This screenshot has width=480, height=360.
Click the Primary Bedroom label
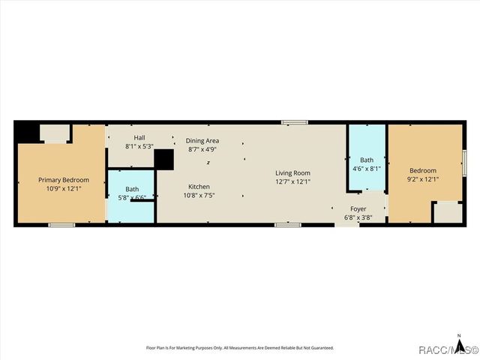[64, 180]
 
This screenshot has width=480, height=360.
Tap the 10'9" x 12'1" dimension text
[64, 188]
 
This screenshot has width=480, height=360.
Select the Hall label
[139, 138]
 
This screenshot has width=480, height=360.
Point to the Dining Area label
[202, 141]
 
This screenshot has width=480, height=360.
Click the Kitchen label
[199, 187]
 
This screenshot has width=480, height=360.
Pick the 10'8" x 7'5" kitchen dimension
[199, 195]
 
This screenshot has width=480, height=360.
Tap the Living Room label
[292, 173]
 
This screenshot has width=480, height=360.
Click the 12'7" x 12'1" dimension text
[292, 181]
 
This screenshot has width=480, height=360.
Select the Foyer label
[358, 209]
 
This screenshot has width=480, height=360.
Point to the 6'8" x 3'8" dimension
[358, 217]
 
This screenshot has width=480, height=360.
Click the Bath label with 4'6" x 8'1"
[366, 160]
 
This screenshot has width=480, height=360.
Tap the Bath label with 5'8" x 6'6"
[132, 190]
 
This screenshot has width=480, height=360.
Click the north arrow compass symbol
[457, 338]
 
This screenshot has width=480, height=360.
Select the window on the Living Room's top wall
[299, 121]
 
